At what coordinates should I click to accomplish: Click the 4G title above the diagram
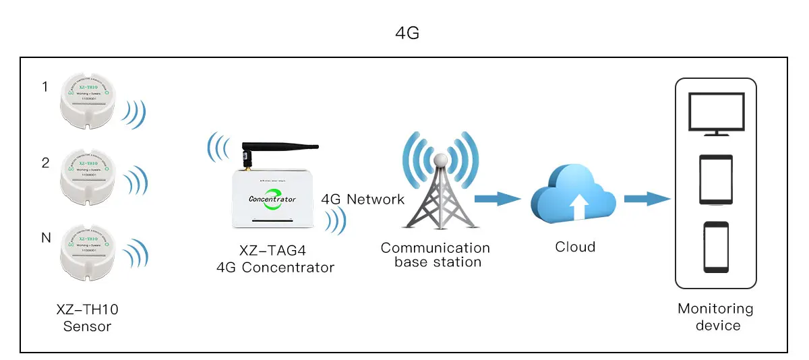tap(407, 32)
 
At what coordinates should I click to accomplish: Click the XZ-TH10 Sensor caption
tap(87, 318)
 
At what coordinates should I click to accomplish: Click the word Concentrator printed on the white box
tap(272, 199)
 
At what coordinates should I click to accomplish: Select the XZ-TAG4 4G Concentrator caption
tap(275, 260)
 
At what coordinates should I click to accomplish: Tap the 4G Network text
tap(363, 199)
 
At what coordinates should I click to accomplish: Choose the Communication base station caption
tap(436, 255)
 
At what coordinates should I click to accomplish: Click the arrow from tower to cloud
tap(498, 198)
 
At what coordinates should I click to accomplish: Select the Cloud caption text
tap(575, 247)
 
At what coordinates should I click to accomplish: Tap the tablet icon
tap(715, 179)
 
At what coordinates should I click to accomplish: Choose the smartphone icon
tap(715, 246)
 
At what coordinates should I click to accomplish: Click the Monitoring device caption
tap(715, 318)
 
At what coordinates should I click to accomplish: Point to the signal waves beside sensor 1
tap(134, 115)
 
